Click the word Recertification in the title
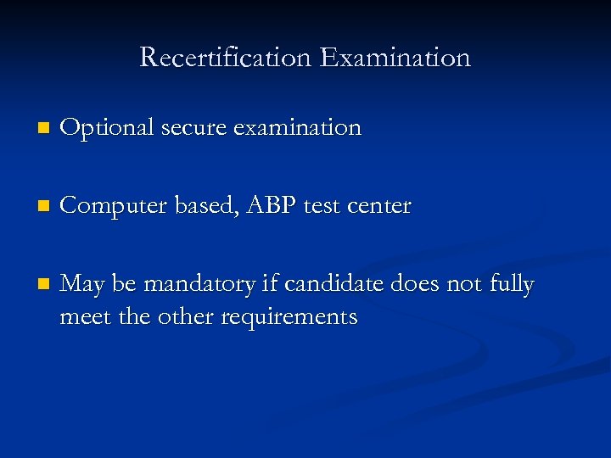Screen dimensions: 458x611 coord(226,58)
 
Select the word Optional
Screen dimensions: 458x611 coord(107,128)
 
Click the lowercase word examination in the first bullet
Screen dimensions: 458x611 coord(297,128)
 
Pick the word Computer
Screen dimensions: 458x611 coord(115,206)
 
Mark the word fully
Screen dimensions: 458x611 coord(512,285)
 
